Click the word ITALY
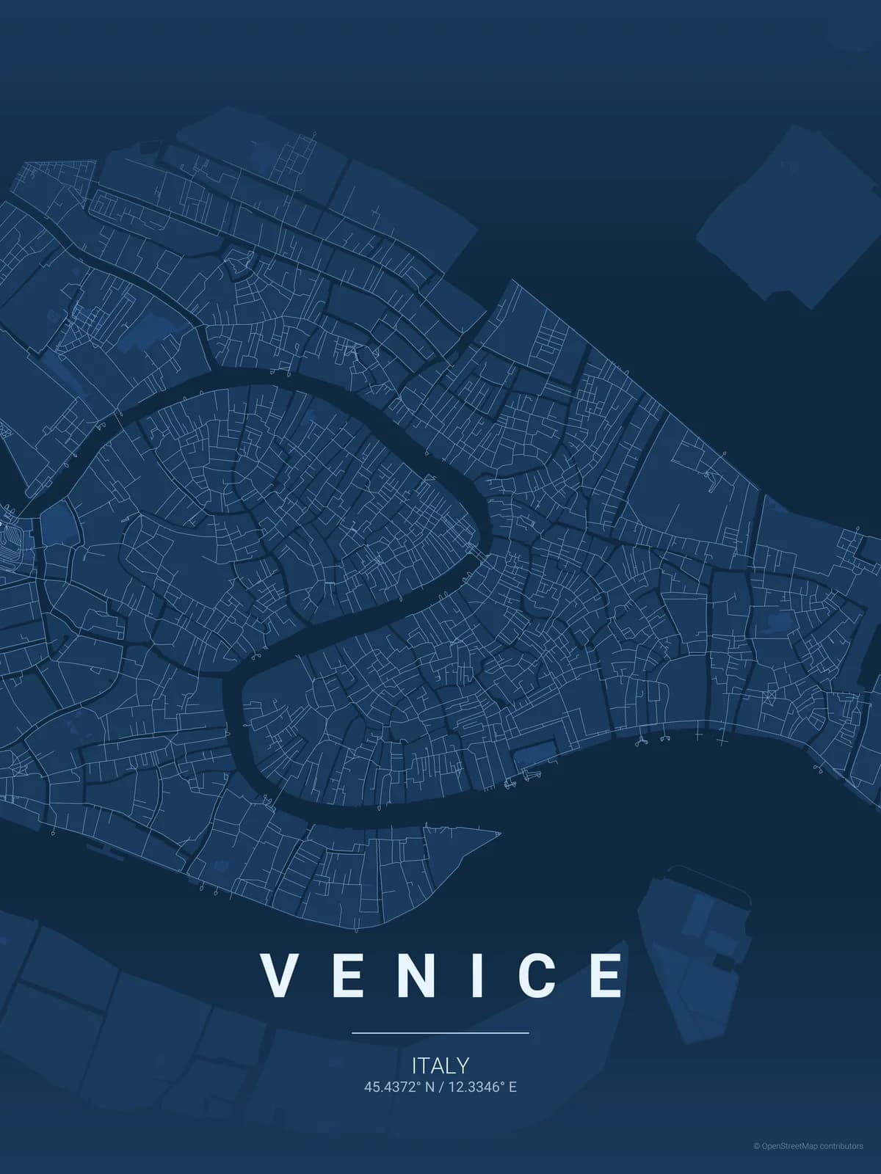[x=440, y=1065]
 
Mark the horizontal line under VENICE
[x=440, y=1032]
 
